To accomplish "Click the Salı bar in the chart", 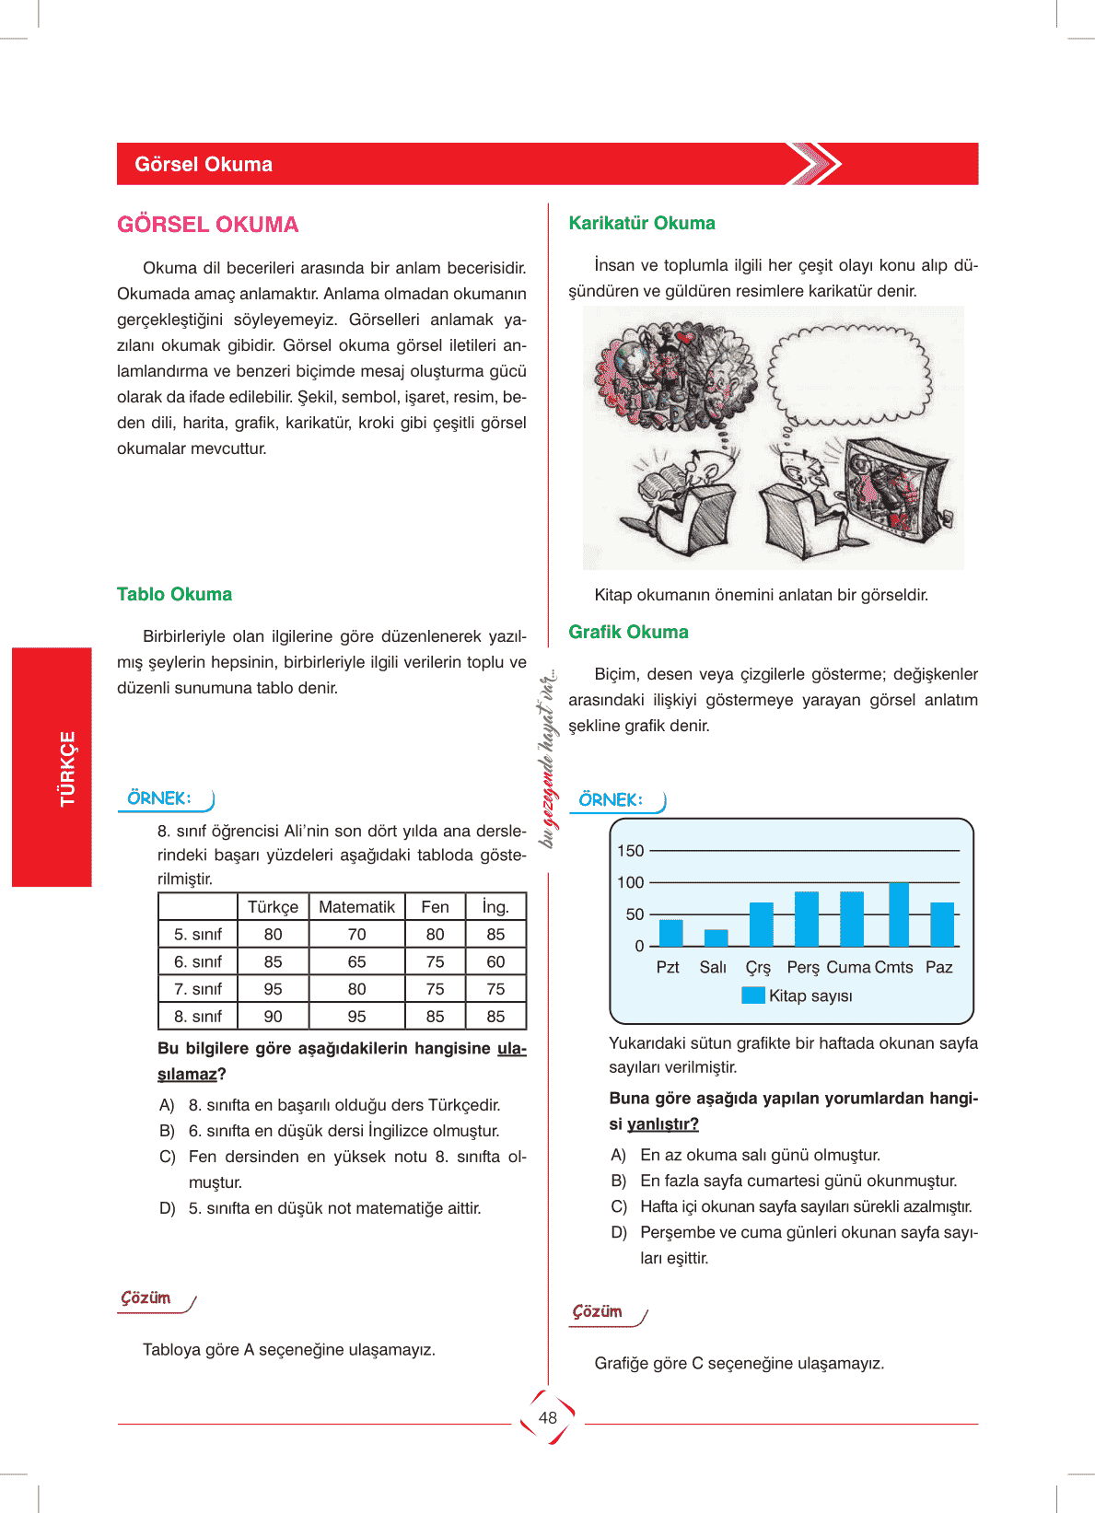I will click(x=716, y=937).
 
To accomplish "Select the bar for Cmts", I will click(x=898, y=914).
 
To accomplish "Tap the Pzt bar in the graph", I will click(x=671, y=933).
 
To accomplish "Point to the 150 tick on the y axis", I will click(x=631, y=851).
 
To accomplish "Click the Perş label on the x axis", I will click(x=803, y=968).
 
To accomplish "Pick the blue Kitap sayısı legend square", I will click(x=753, y=995).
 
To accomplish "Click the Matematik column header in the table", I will click(x=356, y=907).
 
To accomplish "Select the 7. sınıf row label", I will click(x=198, y=989).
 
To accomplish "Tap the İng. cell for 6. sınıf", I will click(x=495, y=961).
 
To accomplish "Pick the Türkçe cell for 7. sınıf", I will click(x=273, y=989).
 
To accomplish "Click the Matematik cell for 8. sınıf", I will click(x=356, y=1017).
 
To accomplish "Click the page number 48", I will click(x=548, y=1418).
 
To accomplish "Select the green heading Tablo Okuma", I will click(x=174, y=594).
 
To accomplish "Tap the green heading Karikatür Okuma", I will click(x=642, y=223).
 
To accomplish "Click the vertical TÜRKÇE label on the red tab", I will click(x=67, y=768).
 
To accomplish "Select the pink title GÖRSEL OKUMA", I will click(x=208, y=225).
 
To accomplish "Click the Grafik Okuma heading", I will click(x=628, y=632).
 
